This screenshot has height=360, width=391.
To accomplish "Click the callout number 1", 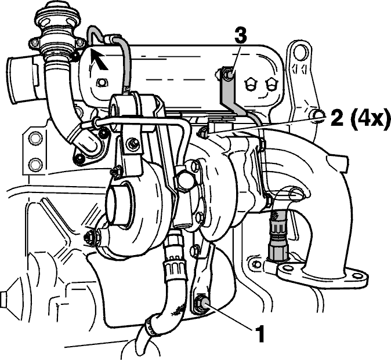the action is tap(259, 333).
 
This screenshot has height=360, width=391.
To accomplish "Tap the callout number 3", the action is tap(240, 36).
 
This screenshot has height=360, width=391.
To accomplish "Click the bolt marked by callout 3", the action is tap(227, 74).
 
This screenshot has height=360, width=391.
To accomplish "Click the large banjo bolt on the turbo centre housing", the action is tap(184, 179).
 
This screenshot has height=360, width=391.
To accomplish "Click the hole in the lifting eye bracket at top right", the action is tap(300, 52).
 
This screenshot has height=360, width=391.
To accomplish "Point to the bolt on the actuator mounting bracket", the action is tap(132, 144).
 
